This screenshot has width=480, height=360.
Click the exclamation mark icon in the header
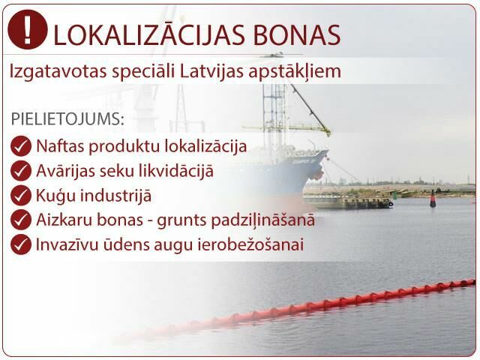(x=28, y=29)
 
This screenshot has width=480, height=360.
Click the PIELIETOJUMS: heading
(x=67, y=118)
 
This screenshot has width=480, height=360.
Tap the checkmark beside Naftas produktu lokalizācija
(x=21, y=146)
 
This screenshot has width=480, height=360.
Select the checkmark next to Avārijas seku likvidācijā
(x=21, y=170)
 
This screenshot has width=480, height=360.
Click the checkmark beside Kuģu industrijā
(x=21, y=195)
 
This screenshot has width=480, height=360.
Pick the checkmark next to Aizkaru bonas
(x=21, y=220)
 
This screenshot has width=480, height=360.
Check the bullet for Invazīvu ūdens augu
(x=21, y=244)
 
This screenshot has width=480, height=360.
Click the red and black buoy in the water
(x=433, y=199)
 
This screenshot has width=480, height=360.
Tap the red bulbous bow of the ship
(x=316, y=175)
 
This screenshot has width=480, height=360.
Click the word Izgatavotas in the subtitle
(x=58, y=72)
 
